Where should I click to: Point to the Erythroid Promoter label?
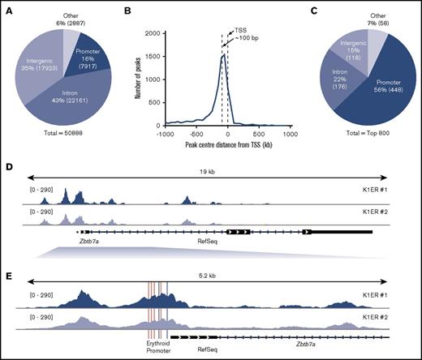tap(158, 348)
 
